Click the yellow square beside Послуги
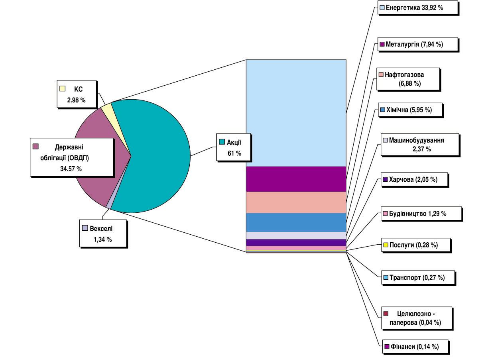386,245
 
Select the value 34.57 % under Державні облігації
71,169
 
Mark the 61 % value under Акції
234,153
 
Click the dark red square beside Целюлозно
386,313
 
